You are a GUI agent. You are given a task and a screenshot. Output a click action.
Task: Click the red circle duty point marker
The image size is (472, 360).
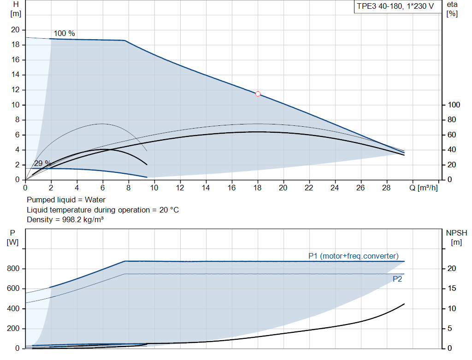[x=258, y=94]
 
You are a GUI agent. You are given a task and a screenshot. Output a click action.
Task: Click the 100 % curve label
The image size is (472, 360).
[x=64, y=34]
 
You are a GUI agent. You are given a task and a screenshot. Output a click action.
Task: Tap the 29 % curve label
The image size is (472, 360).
[x=42, y=163]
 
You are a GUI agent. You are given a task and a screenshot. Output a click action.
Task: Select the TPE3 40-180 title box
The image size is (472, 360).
[x=395, y=6]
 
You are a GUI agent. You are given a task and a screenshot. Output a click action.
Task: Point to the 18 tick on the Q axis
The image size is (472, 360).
[x=257, y=188]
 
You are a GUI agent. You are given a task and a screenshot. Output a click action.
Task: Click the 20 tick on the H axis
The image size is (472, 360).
[x=15, y=30]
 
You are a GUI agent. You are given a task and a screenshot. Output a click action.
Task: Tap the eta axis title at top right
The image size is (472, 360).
[x=452, y=9]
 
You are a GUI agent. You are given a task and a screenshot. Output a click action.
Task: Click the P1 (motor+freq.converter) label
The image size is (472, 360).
[x=354, y=256]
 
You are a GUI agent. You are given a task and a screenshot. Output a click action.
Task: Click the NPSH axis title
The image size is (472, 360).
[x=456, y=237]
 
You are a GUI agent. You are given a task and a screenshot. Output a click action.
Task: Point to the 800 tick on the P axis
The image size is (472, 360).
[x=13, y=268]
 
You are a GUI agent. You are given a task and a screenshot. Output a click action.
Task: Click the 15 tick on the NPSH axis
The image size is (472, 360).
[x=453, y=289]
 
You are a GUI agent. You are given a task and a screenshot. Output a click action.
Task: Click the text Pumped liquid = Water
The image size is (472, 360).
[x=66, y=200]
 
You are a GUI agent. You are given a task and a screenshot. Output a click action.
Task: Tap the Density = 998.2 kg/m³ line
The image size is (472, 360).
[x=65, y=220]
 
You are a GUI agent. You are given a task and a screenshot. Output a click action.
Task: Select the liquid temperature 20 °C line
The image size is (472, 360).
[x=102, y=210]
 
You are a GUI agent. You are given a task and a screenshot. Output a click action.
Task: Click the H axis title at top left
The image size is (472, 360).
[x=16, y=9]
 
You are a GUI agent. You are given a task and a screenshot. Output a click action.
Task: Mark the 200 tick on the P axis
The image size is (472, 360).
[x=13, y=329]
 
